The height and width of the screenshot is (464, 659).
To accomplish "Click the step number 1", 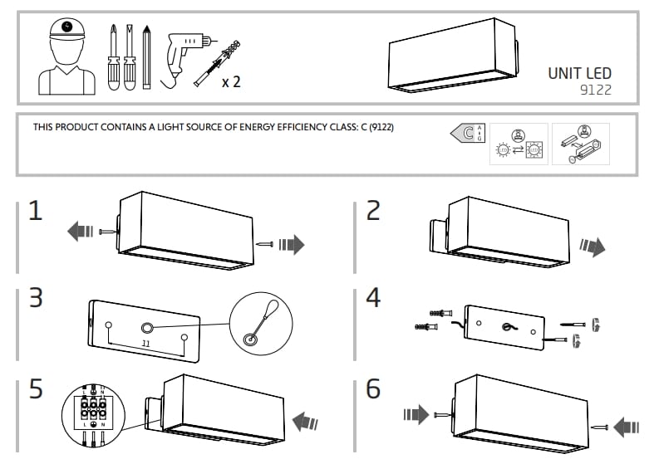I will pos(35,211).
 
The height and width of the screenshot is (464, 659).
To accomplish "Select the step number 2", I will pos(373,211).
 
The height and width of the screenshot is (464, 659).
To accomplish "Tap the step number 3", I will pos(35,299).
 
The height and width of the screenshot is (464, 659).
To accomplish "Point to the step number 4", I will pos(373,299).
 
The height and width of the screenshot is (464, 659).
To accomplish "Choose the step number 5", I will pos(35,388).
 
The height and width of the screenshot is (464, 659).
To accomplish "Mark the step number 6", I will pos(373,388).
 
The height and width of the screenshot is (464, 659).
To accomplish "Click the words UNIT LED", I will pos(579,73).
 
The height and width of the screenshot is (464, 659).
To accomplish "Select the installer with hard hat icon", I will pos(66,56).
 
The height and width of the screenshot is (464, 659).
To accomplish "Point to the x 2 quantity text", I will pos(231,82).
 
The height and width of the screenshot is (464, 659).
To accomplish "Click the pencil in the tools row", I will pos(146,56).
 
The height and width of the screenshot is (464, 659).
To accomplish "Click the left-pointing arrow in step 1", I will pos(81,232).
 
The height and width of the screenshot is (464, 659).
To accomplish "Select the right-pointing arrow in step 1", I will pos(292,244).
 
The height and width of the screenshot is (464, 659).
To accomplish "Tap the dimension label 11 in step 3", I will pos(145,342).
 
